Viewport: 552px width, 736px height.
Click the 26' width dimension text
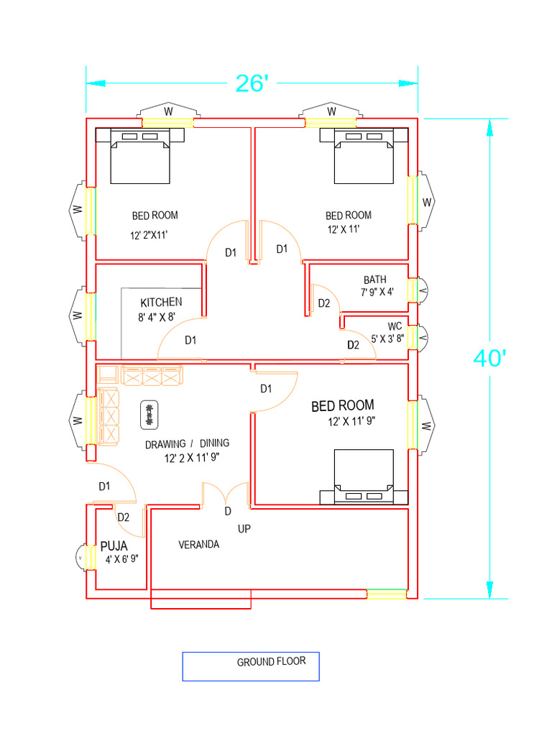coord(252,83)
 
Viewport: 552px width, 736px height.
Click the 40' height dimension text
coord(491,358)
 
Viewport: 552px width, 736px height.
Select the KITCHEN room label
coord(161,302)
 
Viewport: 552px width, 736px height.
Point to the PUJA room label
coord(114,546)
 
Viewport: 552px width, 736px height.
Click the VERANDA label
coord(198,545)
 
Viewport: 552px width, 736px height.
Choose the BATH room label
coord(374,280)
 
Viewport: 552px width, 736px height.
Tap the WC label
coord(395,326)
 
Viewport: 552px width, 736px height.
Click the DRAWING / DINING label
coord(187,443)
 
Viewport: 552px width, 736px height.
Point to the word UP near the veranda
coord(244,529)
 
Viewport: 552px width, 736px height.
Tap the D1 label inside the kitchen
coord(190,340)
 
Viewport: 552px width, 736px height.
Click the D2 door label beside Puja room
coord(123,517)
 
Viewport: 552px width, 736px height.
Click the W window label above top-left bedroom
coord(168,111)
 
